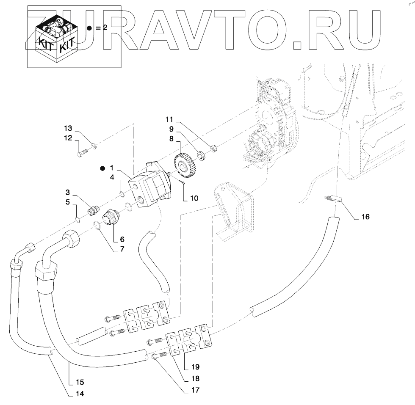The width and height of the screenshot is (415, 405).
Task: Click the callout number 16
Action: [365, 217]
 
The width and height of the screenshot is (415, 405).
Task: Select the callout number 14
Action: [80, 394]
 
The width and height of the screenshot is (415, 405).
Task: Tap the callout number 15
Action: [80, 382]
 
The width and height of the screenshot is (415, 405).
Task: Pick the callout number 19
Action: [195, 366]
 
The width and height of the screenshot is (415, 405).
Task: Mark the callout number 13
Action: [68, 128]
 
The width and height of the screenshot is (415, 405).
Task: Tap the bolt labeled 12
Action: [83, 151]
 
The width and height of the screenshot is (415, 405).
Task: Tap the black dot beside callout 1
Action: [102, 168]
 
